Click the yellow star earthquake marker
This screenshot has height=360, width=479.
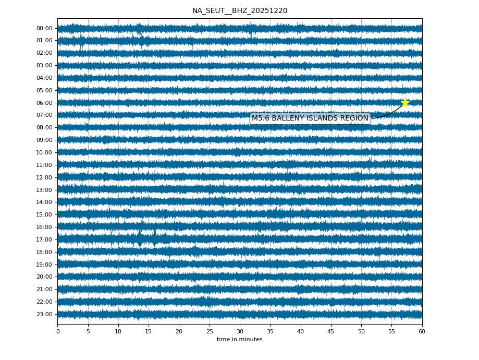click(x=405, y=103)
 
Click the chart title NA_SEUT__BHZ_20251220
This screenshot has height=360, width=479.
click(x=240, y=11)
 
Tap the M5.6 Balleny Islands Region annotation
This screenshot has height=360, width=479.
click(x=310, y=118)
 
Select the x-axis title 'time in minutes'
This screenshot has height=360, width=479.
click(x=240, y=340)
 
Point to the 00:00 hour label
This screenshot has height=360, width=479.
click(x=45, y=28)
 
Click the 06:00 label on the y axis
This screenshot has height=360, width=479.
click(x=45, y=103)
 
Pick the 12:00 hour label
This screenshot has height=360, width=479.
click(x=45, y=177)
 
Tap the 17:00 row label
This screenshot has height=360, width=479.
click(x=45, y=239)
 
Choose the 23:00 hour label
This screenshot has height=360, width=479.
click(x=45, y=314)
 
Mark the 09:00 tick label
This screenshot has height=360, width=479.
click(x=45, y=140)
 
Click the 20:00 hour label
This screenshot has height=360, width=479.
click(x=45, y=277)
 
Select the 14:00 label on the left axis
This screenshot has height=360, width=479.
click(x=45, y=202)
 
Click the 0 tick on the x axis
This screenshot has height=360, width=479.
click(x=58, y=331)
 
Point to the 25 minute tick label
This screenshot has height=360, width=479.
click(x=210, y=331)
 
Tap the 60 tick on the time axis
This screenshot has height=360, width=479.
click(x=422, y=331)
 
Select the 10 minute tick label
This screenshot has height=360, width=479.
click(x=118, y=331)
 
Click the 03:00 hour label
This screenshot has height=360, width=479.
click(x=45, y=65)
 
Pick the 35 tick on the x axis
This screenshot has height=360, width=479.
click(x=270, y=331)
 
